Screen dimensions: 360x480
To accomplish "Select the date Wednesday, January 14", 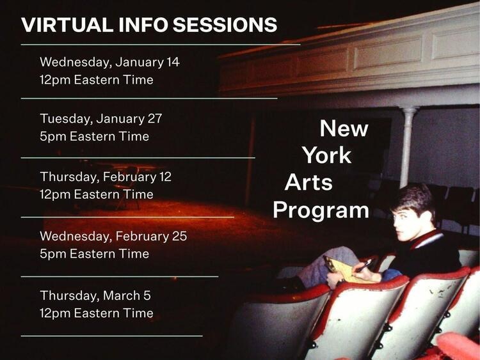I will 109,62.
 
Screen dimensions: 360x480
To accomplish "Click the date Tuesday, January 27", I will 100,118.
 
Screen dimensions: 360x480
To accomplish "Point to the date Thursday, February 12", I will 105,176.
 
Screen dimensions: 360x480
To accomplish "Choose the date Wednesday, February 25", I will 113,236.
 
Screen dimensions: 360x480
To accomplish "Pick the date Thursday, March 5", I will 95,295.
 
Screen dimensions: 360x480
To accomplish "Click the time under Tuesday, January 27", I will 94,136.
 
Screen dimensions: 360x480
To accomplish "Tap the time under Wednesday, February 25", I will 94,254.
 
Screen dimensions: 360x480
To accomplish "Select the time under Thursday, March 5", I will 96,313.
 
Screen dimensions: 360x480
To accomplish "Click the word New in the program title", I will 344,129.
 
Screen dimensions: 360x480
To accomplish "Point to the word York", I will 326,155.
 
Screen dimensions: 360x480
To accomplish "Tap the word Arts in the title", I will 308,183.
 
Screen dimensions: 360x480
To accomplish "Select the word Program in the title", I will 321,210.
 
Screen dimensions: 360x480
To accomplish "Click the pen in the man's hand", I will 367,263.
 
